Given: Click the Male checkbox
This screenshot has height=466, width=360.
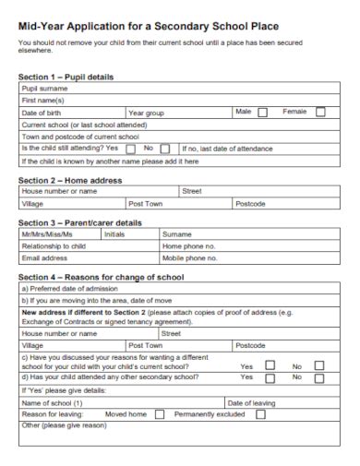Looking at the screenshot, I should point(263,113).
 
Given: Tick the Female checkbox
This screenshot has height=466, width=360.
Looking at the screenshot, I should point(320,113).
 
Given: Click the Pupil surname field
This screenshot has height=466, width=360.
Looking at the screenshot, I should point(185,90).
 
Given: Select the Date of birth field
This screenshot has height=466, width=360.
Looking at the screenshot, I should point(88,113).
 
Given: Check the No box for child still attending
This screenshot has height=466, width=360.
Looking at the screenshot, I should point(165,148).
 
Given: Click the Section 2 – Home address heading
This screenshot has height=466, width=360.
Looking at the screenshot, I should point(70,180).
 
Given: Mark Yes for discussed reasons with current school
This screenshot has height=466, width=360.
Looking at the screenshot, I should point(270,365).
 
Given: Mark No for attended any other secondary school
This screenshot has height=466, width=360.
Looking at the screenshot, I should point(319,377).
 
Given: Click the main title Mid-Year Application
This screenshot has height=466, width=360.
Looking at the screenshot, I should point(149,27).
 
